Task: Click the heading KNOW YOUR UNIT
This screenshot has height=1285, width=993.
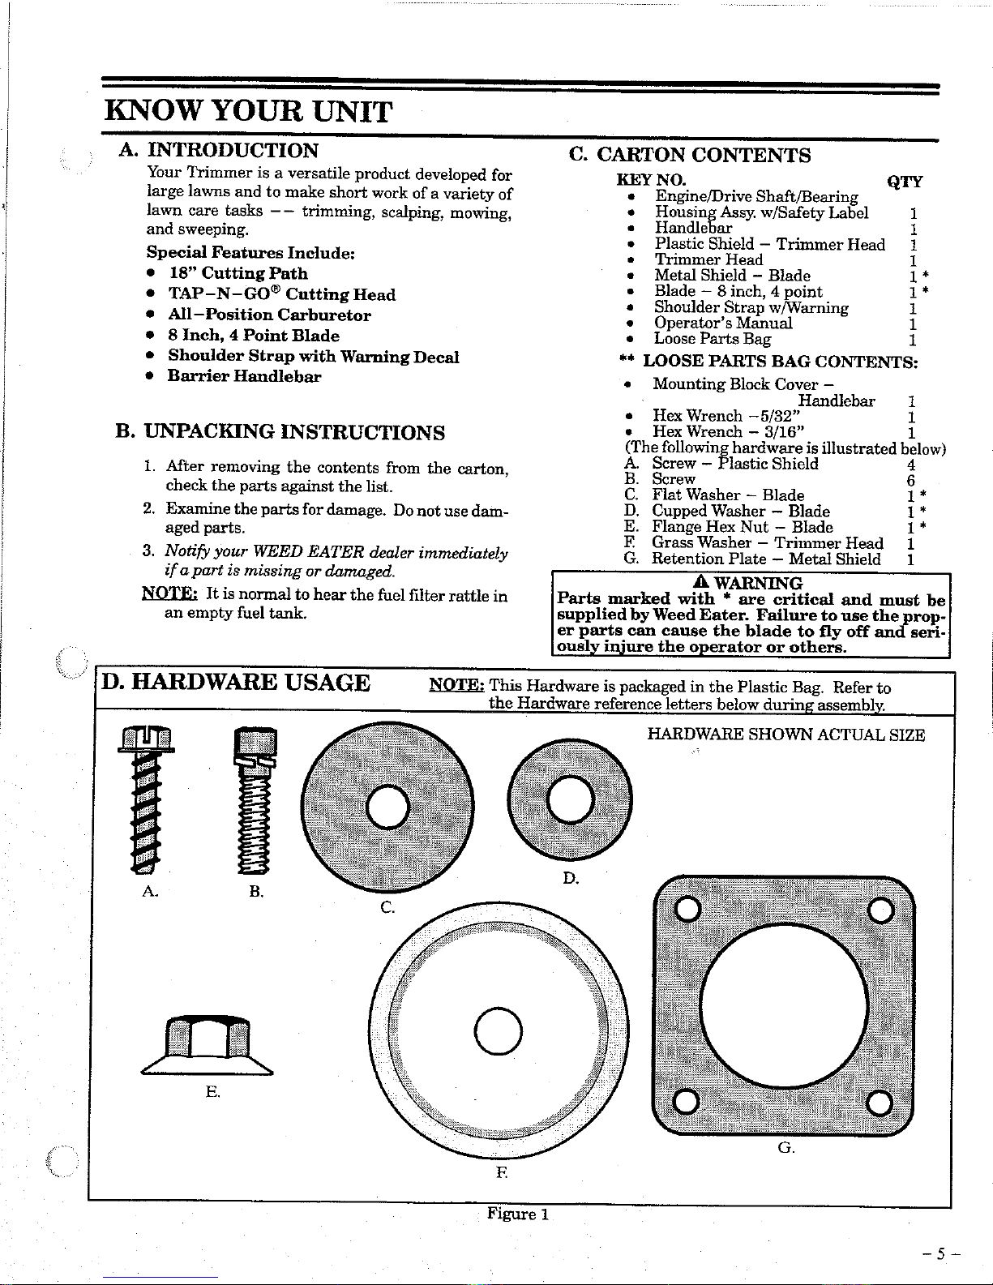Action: tap(249, 111)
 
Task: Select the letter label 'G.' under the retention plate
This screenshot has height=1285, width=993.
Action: tap(785, 1147)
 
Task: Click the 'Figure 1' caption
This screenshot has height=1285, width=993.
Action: tap(518, 1214)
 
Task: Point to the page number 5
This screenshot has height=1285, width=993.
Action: tap(939, 1253)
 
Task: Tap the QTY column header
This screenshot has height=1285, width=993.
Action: tap(904, 182)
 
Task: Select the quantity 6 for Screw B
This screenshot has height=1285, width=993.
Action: tap(911, 480)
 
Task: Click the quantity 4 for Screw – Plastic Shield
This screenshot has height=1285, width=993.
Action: tap(911, 465)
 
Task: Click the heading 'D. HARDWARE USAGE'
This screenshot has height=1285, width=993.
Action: tap(236, 683)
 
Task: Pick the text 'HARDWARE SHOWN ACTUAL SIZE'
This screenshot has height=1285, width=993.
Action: tap(785, 735)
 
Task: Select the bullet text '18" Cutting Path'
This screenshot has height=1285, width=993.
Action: tap(238, 273)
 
